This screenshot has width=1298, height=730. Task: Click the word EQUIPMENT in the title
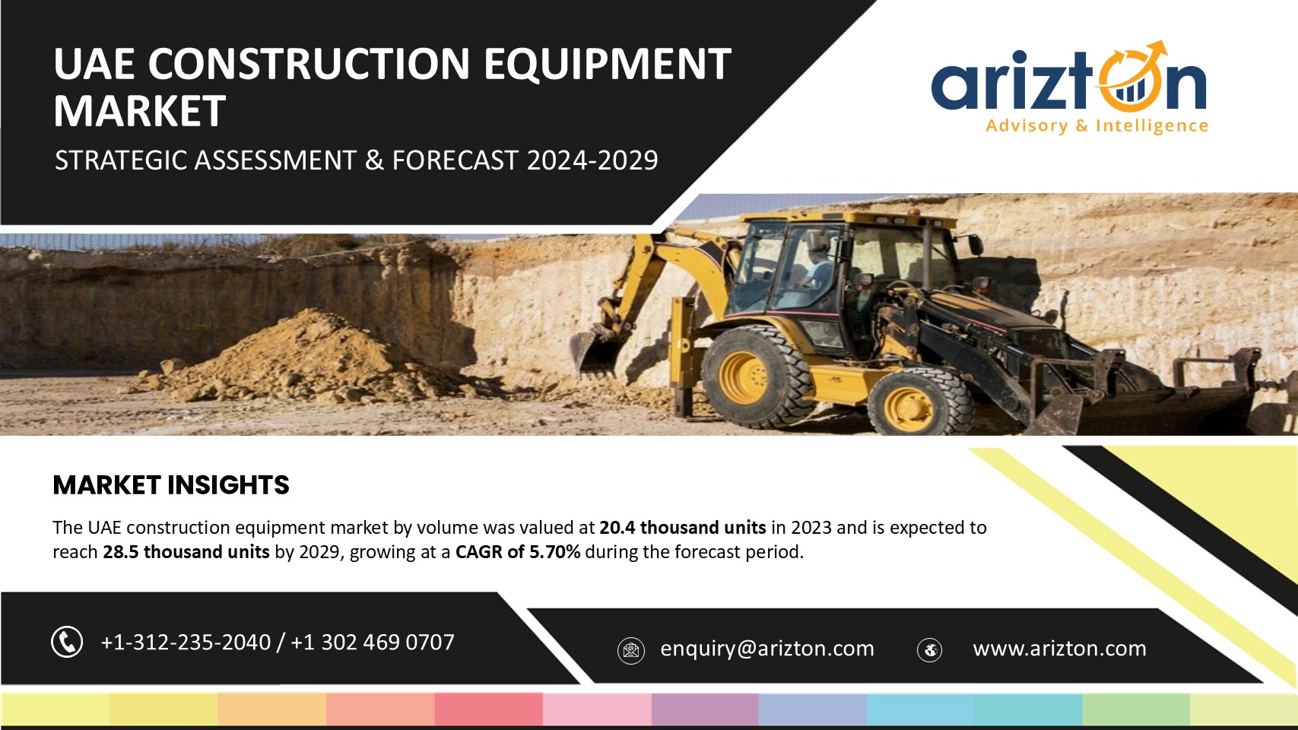click(608, 64)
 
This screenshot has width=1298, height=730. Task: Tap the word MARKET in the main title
click(140, 111)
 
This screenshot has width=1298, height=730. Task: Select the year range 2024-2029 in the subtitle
click(592, 160)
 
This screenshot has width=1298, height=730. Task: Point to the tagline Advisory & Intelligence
click(1097, 125)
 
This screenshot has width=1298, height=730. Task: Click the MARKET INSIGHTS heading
click(171, 485)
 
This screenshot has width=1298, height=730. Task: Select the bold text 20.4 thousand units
click(683, 527)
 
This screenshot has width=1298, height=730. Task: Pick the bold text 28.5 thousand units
click(186, 551)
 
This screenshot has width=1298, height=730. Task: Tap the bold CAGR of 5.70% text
click(518, 551)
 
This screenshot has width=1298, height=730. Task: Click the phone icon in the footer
click(67, 642)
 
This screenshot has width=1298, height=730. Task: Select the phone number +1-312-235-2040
click(186, 642)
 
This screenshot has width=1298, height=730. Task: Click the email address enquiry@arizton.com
click(767, 649)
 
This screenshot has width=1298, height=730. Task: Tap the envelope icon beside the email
click(631, 651)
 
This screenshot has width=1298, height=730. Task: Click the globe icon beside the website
click(929, 650)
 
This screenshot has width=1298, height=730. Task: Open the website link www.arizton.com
click(1060, 649)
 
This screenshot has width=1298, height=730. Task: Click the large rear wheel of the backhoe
click(756, 377)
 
